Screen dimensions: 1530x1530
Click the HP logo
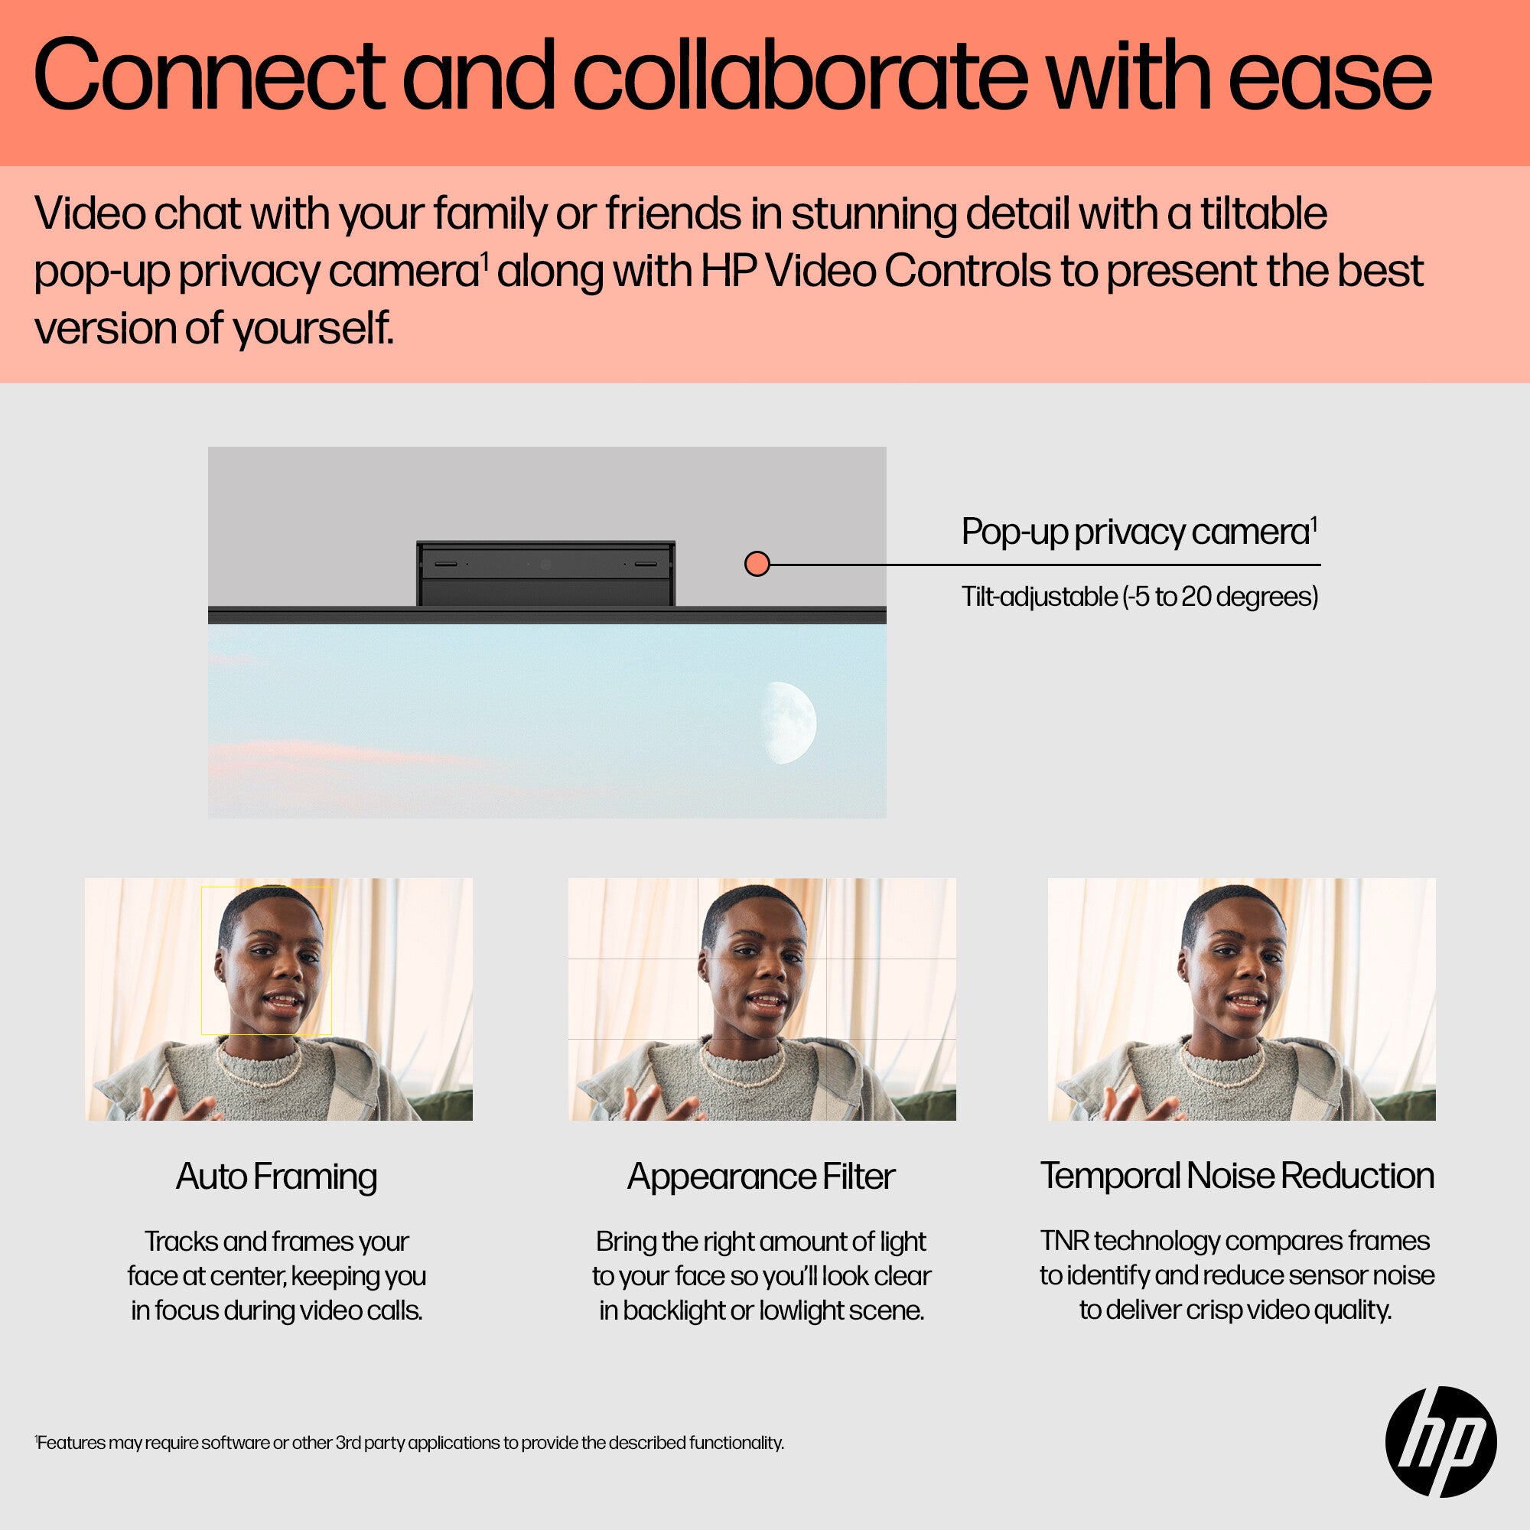(x=1440, y=1441)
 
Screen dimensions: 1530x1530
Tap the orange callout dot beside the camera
(x=757, y=564)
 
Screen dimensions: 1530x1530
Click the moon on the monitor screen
(x=789, y=722)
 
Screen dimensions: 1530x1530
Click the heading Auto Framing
(x=276, y=1176)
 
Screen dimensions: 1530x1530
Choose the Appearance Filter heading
(x=761, y=1176)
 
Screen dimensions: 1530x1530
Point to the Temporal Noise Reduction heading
(x=1237, y=1175)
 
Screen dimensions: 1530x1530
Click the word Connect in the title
(x=210, y=76)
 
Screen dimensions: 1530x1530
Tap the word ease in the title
(x=1330, y=76)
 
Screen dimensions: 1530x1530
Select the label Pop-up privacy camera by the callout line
(x=1139, y=531)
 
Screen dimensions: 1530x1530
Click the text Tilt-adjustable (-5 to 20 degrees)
(x=1140, y=597)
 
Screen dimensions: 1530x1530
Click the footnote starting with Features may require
(x=409, y=1442)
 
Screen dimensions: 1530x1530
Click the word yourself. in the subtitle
(x=314, y=329)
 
